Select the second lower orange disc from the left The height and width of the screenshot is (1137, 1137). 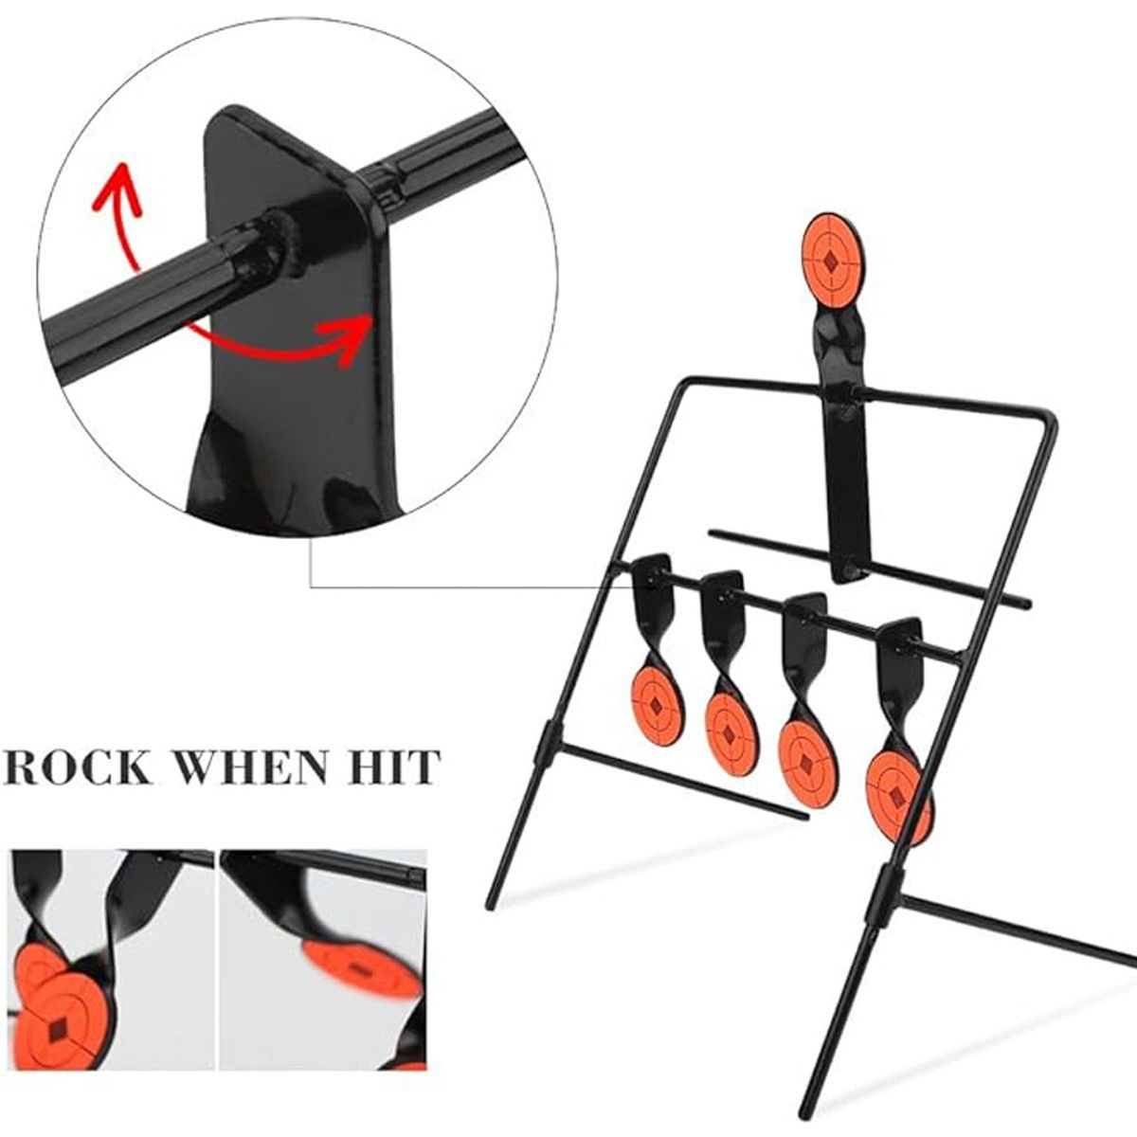point(730,732)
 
